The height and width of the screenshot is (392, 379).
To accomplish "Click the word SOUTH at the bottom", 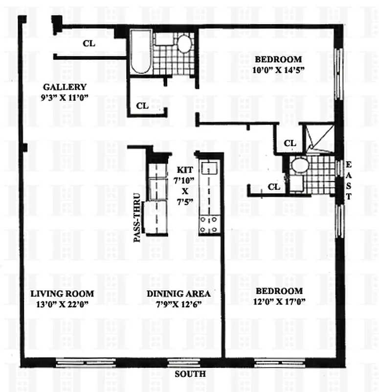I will click(190, 374).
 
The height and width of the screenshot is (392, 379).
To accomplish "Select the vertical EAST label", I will click(349, 180).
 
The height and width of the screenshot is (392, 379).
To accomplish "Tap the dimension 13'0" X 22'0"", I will click(62, 303).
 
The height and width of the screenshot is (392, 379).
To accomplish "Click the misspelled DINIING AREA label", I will click(178, 294).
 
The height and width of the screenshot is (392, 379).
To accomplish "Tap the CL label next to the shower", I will click(290, 143).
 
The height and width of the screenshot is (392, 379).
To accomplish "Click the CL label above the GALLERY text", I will click(89, 43).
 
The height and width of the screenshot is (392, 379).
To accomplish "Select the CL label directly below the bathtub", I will click(142, 105).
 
